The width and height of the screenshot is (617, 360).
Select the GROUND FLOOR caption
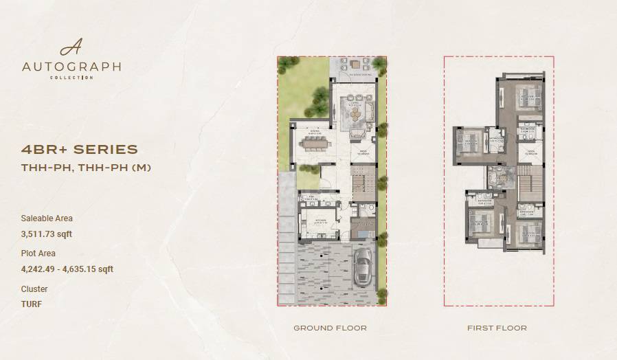click(330, 328)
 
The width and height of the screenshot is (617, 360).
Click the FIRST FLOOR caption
click(497, 328)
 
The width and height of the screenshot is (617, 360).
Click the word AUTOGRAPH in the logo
click(71, 67)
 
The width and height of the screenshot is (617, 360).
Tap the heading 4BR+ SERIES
click(80, 149)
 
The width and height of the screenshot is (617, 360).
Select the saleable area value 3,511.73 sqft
click(47, 234)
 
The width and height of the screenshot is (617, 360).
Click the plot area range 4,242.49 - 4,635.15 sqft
click(67, 269)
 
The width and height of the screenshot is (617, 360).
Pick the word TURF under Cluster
click(32, 304)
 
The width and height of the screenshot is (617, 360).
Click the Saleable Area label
click(47, 218)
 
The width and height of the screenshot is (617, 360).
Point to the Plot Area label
click(38, 254)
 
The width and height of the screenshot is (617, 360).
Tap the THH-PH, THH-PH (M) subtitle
click(87, 168)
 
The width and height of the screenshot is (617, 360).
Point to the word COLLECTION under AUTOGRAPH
click(71, 78)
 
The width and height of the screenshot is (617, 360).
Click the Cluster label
click(34, 289)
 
